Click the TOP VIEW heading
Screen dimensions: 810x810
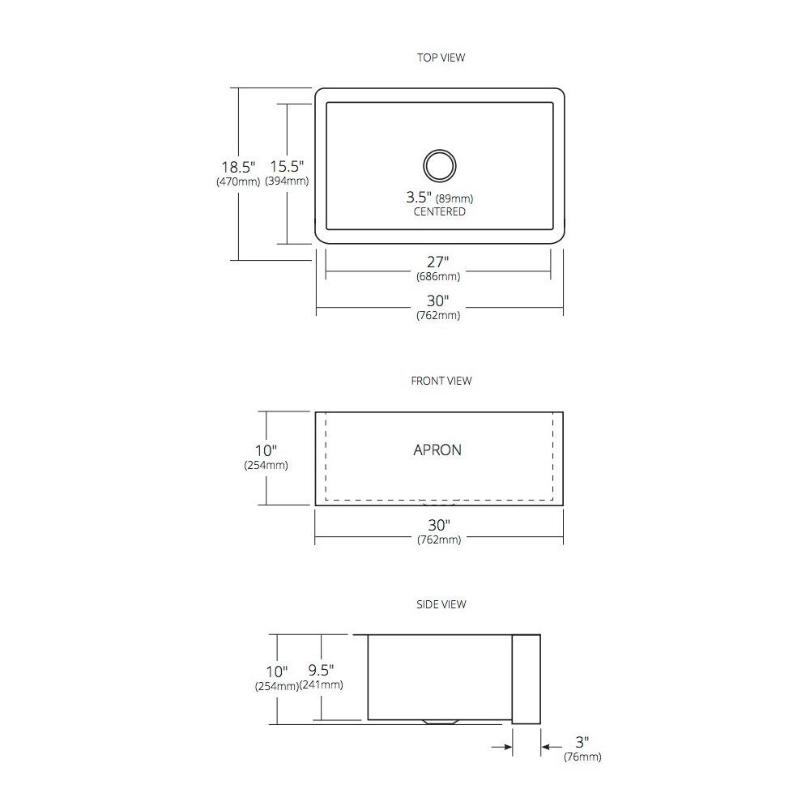coord(441,58)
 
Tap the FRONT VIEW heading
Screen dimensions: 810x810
coord(441,381)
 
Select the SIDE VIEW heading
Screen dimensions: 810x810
coord(441,604)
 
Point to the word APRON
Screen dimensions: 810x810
coord(437,450)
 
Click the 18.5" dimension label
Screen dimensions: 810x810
coord(238,167)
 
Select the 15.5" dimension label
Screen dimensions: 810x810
coord(287,166)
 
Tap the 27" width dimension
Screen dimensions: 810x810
coord(437,262)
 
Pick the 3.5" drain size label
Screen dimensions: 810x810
coord(419,197)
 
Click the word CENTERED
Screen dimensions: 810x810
coord(440,211)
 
